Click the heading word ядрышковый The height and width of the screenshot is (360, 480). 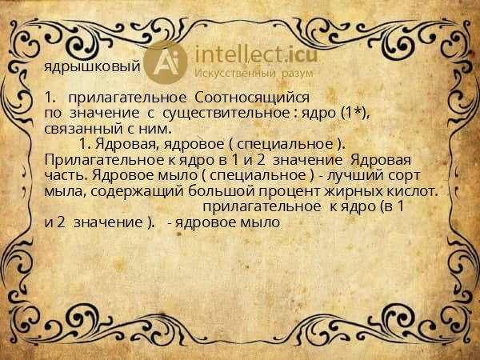[x=92, y=66]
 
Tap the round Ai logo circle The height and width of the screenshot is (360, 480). [x=166, y=62]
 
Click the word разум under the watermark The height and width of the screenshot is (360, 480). [x=298, y=74]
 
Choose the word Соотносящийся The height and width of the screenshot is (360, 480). [x=252, y=98]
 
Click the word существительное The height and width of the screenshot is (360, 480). [x=226, y=114]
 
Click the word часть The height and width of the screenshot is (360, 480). [x=66, y=175]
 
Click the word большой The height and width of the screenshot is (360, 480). [x=222, y=191]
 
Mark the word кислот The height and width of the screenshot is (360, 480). [x=406, y=191]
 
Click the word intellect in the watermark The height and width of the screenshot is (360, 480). [x=238, y=54]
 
